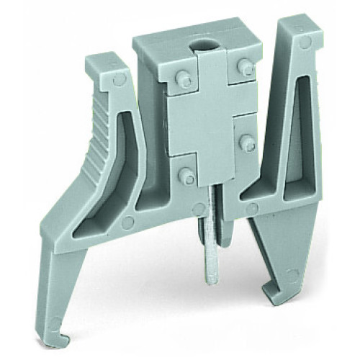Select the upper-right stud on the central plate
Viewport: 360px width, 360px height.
[x=246, y=68]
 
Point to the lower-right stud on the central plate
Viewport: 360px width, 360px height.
[x=246, y=142]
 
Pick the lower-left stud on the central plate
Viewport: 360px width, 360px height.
[x=186, y=175]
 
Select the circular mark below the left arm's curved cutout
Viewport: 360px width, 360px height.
[x=127, y=222]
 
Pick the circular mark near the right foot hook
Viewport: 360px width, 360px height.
[x=290, y=275]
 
